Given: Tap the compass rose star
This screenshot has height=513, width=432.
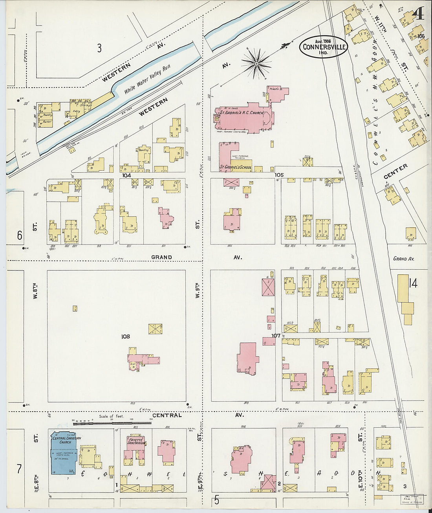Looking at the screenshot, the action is pos(256,63).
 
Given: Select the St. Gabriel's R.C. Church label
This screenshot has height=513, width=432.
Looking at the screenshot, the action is pos(242,112).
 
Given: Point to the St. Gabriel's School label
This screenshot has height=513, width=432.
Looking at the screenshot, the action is pos(235,167).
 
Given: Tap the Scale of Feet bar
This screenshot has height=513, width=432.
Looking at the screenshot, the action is pos(112,423).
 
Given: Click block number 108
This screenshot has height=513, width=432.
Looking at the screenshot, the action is pos(125,336).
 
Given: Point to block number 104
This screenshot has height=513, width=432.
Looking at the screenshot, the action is pos(126,175).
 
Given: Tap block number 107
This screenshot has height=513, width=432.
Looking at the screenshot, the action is pos(276,336).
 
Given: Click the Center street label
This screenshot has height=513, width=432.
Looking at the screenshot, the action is pos(395,172).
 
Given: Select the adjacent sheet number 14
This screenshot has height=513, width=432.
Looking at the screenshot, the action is pos(413,283).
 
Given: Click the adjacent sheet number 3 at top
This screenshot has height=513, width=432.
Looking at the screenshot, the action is pos(99,48).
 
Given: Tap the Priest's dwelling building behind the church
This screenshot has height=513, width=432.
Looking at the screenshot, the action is pos(278,94).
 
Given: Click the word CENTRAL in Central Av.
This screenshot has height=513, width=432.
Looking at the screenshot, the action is pos(167,415).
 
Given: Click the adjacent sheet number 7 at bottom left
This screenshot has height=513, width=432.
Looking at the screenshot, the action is pos(19,469).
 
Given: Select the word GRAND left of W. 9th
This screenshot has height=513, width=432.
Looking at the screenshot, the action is pos(161,257).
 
